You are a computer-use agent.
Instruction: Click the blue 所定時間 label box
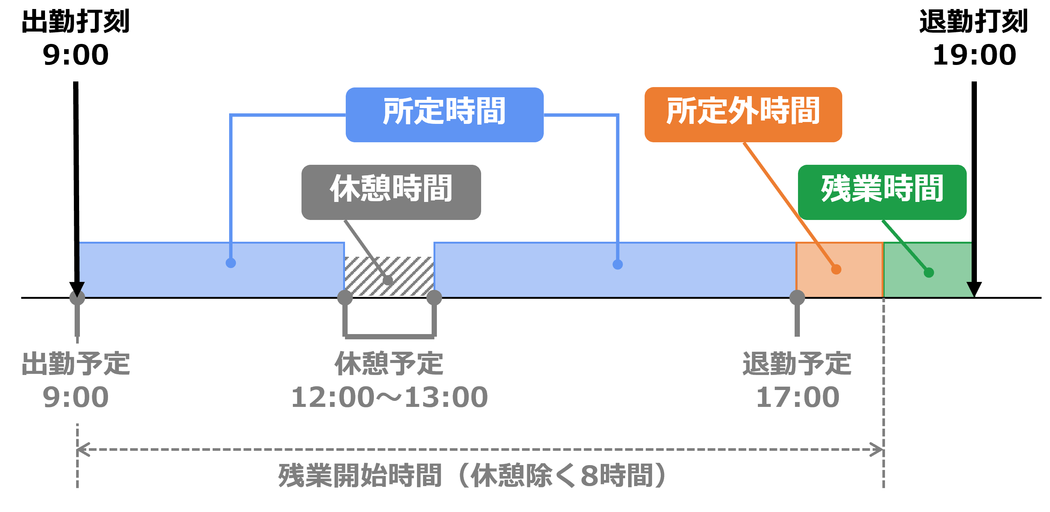[x=444, y=114]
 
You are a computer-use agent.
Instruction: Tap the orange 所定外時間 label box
[x=742, y=114]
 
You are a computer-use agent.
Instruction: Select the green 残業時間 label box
[x=882, y=192]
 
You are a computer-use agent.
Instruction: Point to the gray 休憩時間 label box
[x=391, y=192]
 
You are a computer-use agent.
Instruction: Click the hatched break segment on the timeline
[x=389, y=276]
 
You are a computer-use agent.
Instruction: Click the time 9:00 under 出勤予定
[x=76, y=397]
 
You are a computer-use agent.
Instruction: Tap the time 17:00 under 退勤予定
[x=797, y=397]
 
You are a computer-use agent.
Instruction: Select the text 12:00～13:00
[x=389, y=397]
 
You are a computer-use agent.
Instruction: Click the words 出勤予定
[x=76, y=363]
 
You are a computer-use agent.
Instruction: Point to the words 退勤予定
[x=797, y=363]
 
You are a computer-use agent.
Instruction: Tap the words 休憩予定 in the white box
[x=389, y=363]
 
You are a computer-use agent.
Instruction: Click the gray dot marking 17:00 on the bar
[x=797, y=297]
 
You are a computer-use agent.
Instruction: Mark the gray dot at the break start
[x=345, y=297]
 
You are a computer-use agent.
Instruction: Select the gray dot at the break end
[x=434, y=297]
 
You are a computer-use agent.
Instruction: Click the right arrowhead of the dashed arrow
[x=878, y=450]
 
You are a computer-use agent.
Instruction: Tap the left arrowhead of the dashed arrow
[x=81, y=450]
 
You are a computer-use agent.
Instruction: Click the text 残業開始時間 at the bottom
[x=360, y=476]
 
